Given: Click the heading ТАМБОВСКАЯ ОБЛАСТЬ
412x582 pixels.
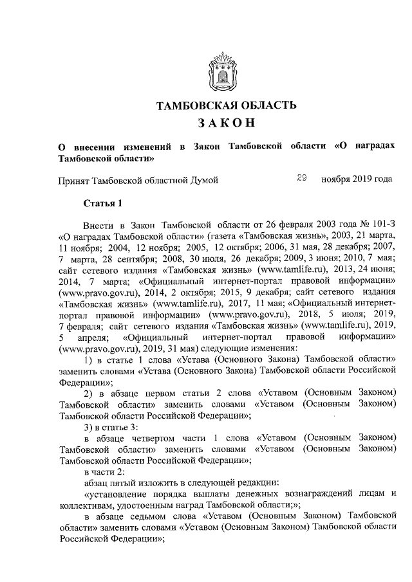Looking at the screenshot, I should [x=227, y=105].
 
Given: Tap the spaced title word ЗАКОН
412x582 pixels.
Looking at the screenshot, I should [x=226, y=123].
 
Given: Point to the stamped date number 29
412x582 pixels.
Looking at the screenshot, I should [x=301, y=179].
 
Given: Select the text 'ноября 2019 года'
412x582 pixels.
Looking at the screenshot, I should [x=357, y=180].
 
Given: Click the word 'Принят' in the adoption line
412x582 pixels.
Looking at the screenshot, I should [x=73, y=181].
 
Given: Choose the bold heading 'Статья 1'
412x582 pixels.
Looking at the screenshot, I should [x=102, y=205].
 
